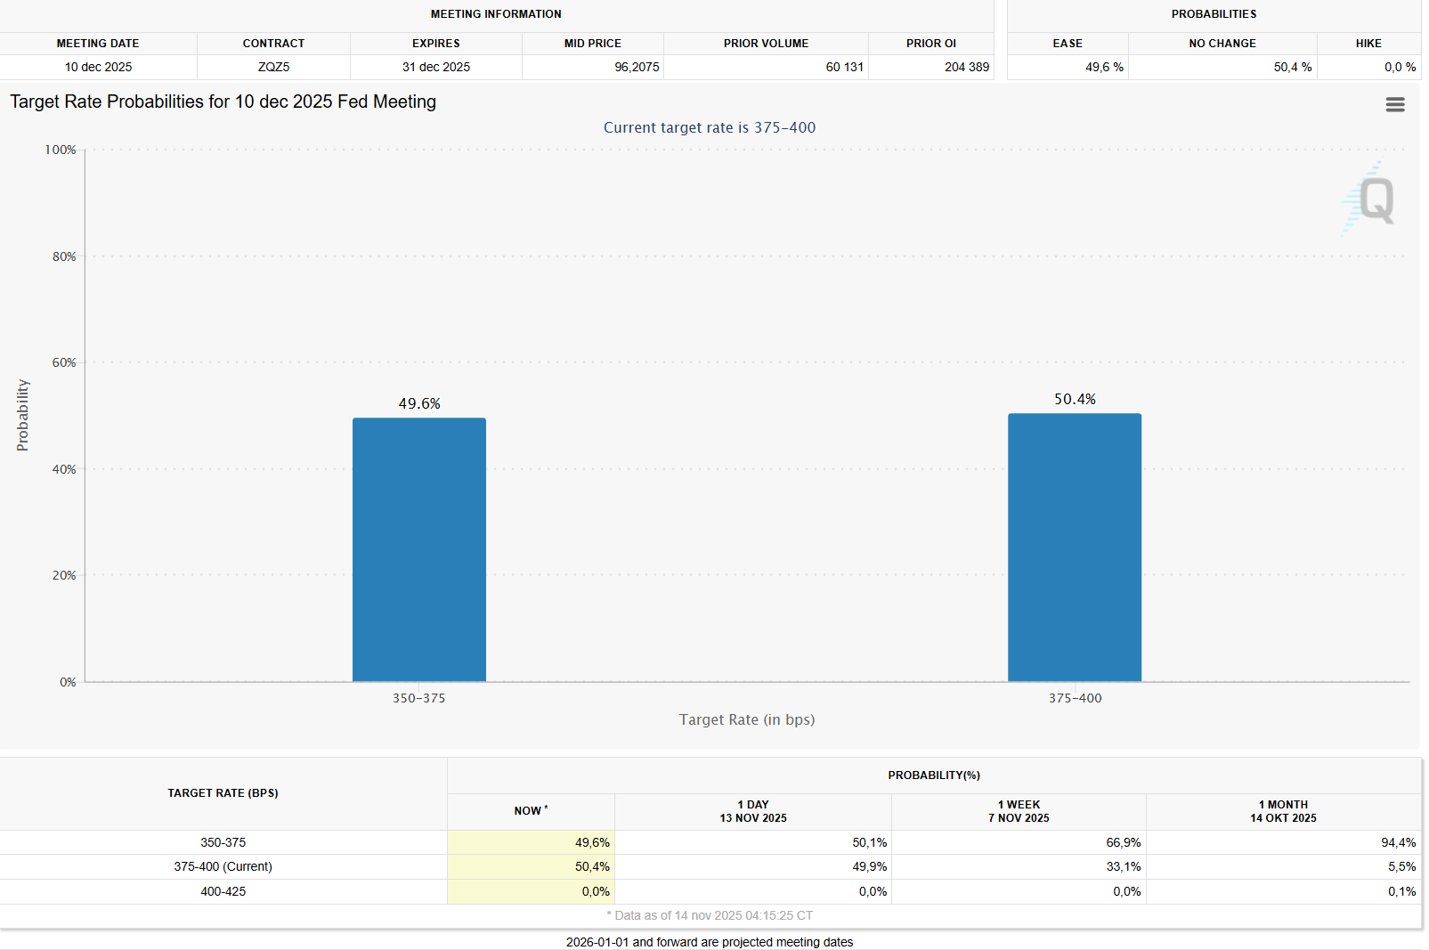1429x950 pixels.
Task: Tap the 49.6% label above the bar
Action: tap(419, 404)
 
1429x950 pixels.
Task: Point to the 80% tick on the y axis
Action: tap(64, 256)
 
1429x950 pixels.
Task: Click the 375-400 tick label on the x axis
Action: tap(1075, 698)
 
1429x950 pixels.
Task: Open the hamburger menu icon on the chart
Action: tap(1394, 105)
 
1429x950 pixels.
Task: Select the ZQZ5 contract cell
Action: tap(273, 67)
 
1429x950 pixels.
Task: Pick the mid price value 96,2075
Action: tap(637, 67)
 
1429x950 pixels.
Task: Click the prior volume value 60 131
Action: tap(844, 67)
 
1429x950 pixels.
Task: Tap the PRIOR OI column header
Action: tap(930, 44)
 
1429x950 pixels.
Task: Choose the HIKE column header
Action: tap(1368, 44)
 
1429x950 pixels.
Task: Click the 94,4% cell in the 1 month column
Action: tap(1398, 842)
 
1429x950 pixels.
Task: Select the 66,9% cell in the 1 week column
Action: tap(1123, 842)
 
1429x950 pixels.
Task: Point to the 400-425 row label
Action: tap(223, 891)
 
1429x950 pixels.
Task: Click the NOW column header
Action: tap(530, 811)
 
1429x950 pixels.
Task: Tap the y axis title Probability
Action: tap(23, 415)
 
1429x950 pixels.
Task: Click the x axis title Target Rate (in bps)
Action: tap(746, 719)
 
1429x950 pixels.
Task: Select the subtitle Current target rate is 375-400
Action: tap(709, 127)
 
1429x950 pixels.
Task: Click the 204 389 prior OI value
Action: tap(966, 67)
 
